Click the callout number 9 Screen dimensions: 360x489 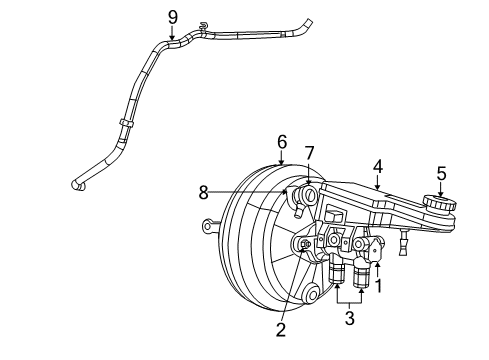point(172,16)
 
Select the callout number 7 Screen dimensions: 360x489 point(309,152)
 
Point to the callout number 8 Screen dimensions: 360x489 point(203,190)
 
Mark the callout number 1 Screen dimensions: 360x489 point(378,285)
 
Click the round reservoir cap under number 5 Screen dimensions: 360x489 point(438,204)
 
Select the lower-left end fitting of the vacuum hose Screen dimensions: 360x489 point(78,184)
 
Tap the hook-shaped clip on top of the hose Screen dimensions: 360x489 point(203,25)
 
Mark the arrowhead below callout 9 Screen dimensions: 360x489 point(172,38)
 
